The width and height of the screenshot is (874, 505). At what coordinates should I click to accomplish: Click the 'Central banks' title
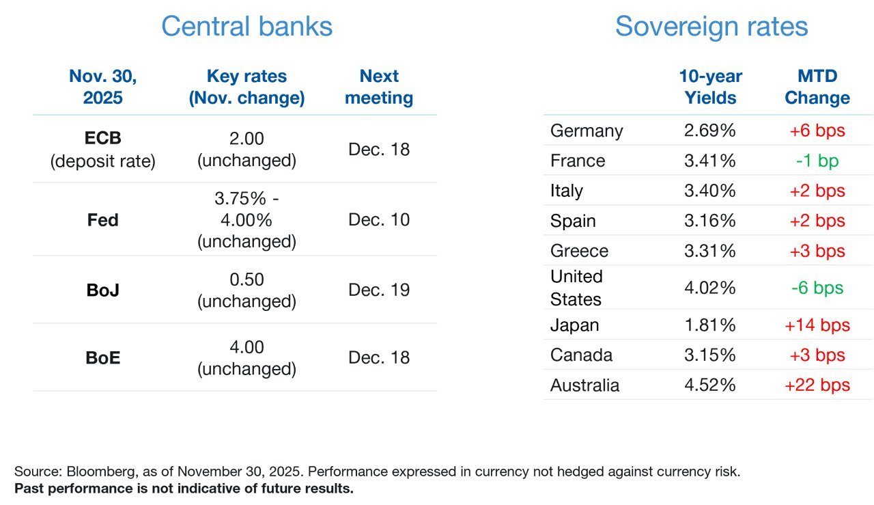click(246, 26)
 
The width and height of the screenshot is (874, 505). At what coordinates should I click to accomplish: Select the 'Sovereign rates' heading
click(711, 27)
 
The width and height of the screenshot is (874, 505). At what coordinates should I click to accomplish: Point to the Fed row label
click(102, 220)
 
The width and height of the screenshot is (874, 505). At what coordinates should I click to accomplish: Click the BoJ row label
click(102, 290)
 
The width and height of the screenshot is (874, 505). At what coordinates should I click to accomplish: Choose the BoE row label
click(102, 357)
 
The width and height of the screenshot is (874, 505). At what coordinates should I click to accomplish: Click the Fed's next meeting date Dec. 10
click(379, 219)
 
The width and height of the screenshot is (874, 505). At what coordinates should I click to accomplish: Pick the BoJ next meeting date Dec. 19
click(379, 290)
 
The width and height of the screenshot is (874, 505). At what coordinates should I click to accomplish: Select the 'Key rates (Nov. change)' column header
click(246, 87)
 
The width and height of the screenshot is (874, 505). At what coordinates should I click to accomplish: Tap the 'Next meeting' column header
click(379, 87)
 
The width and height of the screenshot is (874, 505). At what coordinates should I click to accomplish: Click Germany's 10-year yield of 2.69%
click(709, 131)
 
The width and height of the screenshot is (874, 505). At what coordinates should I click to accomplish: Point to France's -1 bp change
click(817, 161)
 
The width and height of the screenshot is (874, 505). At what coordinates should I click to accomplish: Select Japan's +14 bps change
click(817, 325)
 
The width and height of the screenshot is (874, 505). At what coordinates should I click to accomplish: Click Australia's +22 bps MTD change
click(817, 385)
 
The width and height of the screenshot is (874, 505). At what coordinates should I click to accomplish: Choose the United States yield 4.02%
click(709, 288)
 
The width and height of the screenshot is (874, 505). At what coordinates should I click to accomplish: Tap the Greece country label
click(579, 251)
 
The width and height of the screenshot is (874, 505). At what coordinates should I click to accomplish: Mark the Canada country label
click(581, 355)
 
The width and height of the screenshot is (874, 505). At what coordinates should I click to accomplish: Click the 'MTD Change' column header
click(817, 87)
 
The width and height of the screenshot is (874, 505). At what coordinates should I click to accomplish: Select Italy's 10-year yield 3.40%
click(709, 191)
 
